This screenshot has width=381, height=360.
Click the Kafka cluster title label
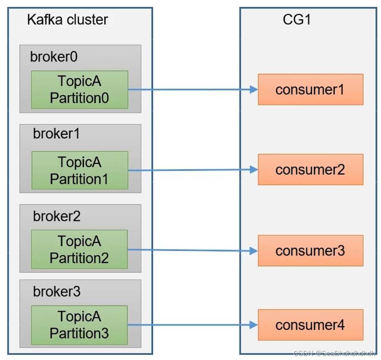[x=67, y=19]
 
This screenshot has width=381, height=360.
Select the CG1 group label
[x=296, y=19]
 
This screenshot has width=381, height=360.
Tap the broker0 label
[x=54, y=57]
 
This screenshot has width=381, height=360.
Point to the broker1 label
[x=56, y=134]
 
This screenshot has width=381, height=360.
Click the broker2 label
[x=57, y=216]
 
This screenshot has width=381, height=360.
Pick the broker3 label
[x=57, y=292]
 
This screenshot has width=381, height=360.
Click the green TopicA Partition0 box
[x=79, y=89]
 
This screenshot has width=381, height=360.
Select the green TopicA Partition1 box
[x=79, y=170]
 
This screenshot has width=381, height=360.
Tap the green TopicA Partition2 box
[x=79, y=249]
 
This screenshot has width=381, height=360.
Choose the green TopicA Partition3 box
[x=79, y=325]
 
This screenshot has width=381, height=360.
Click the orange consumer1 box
[x=310, y=89]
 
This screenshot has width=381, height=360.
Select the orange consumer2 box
[x=310, y=170]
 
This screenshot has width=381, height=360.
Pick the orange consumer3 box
[x=310, y=251]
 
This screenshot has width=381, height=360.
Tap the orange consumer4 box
[x=310, y=325]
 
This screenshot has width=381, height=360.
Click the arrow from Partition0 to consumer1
[x=191, y=90]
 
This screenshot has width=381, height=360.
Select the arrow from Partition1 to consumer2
[x=191, y=170]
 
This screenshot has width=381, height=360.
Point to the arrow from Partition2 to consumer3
[x=191, y=250]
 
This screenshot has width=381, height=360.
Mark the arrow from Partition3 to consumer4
[x=191, y=325]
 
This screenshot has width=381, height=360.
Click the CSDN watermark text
[x=334, y=353]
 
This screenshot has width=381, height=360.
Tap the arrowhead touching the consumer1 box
[x=253, y=90]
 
